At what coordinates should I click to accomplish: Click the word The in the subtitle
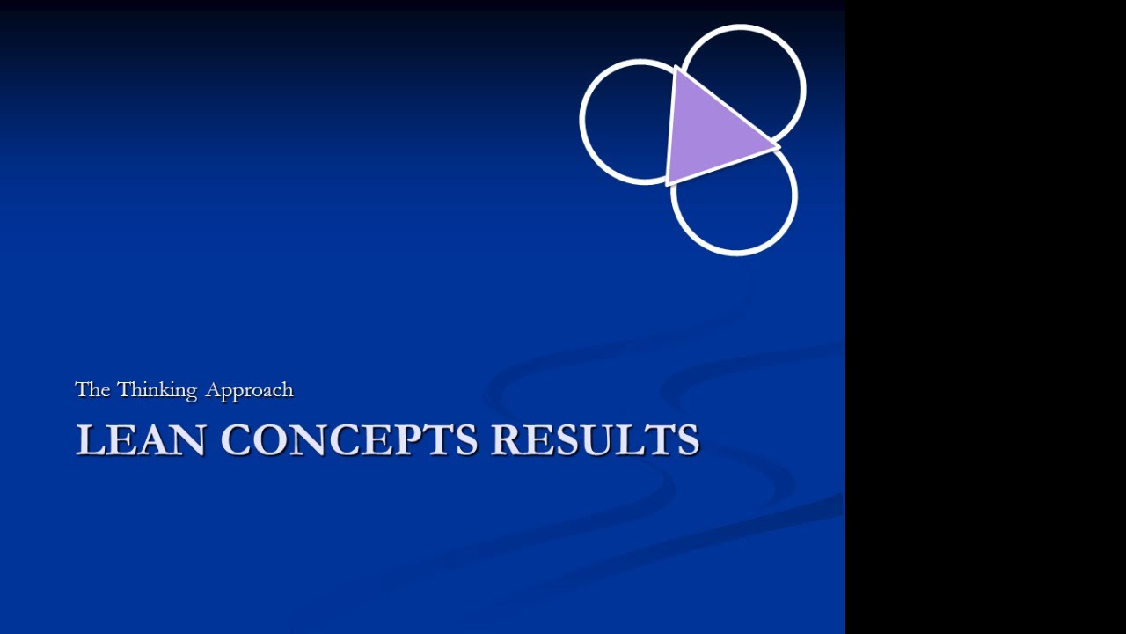(x=91, y=389)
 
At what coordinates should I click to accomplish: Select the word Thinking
(x=157, y=390)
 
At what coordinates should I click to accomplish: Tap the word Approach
(x=249, y=390)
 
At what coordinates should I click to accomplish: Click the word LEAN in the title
(x=141, y=439)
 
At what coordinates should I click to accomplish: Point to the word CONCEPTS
(x=348, y=439)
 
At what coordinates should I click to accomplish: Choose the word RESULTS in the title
(x=595, y=439)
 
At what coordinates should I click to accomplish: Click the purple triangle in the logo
(x=710, y=128)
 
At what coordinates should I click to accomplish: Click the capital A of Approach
(x=214, y=389)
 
